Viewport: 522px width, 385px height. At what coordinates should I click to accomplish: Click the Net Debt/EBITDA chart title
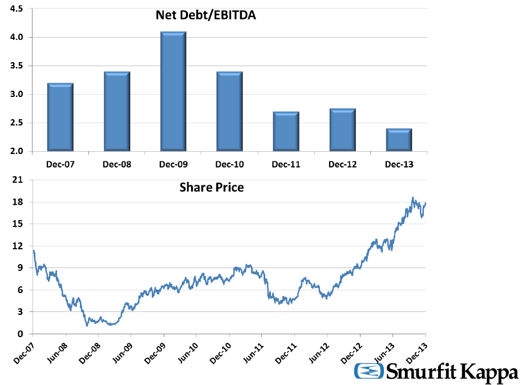tap(206, 15)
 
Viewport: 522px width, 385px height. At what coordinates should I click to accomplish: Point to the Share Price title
tap(212, 187)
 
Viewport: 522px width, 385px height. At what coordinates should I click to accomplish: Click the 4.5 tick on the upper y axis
tap(17, 9)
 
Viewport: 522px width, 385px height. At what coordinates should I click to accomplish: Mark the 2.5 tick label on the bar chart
tap(17, 123)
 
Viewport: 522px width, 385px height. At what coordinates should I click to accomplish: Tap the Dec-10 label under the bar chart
tap(230, 165)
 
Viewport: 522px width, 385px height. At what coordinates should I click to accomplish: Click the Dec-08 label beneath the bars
tap(117, 165)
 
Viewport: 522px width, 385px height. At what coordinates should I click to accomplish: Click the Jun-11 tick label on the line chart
tap(254, 352)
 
